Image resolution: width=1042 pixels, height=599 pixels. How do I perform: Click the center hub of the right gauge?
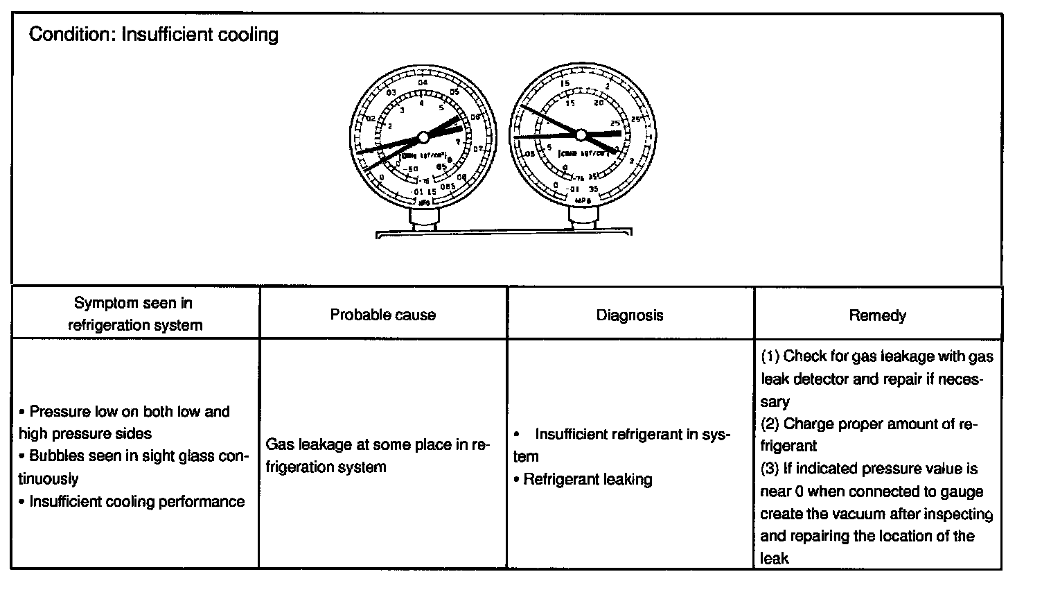(x=581, y=134)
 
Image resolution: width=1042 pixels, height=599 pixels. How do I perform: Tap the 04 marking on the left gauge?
(x=423, y=83)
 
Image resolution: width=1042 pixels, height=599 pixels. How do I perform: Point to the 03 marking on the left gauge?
(x=391, y=93)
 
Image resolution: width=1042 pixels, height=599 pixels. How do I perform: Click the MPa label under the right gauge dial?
(x=583, y=200)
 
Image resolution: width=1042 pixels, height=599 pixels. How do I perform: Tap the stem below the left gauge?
(x=423, y=218)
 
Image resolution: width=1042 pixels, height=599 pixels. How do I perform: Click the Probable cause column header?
(x=382, y=315)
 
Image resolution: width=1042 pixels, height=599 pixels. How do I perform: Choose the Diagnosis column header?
(x=630, y=315)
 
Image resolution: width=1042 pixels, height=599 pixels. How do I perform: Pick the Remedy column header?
(x=877, y=315)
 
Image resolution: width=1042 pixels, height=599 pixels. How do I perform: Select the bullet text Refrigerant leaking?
(x=588, y=479)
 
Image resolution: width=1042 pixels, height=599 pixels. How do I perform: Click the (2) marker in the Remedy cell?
(x=770, y=424)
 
